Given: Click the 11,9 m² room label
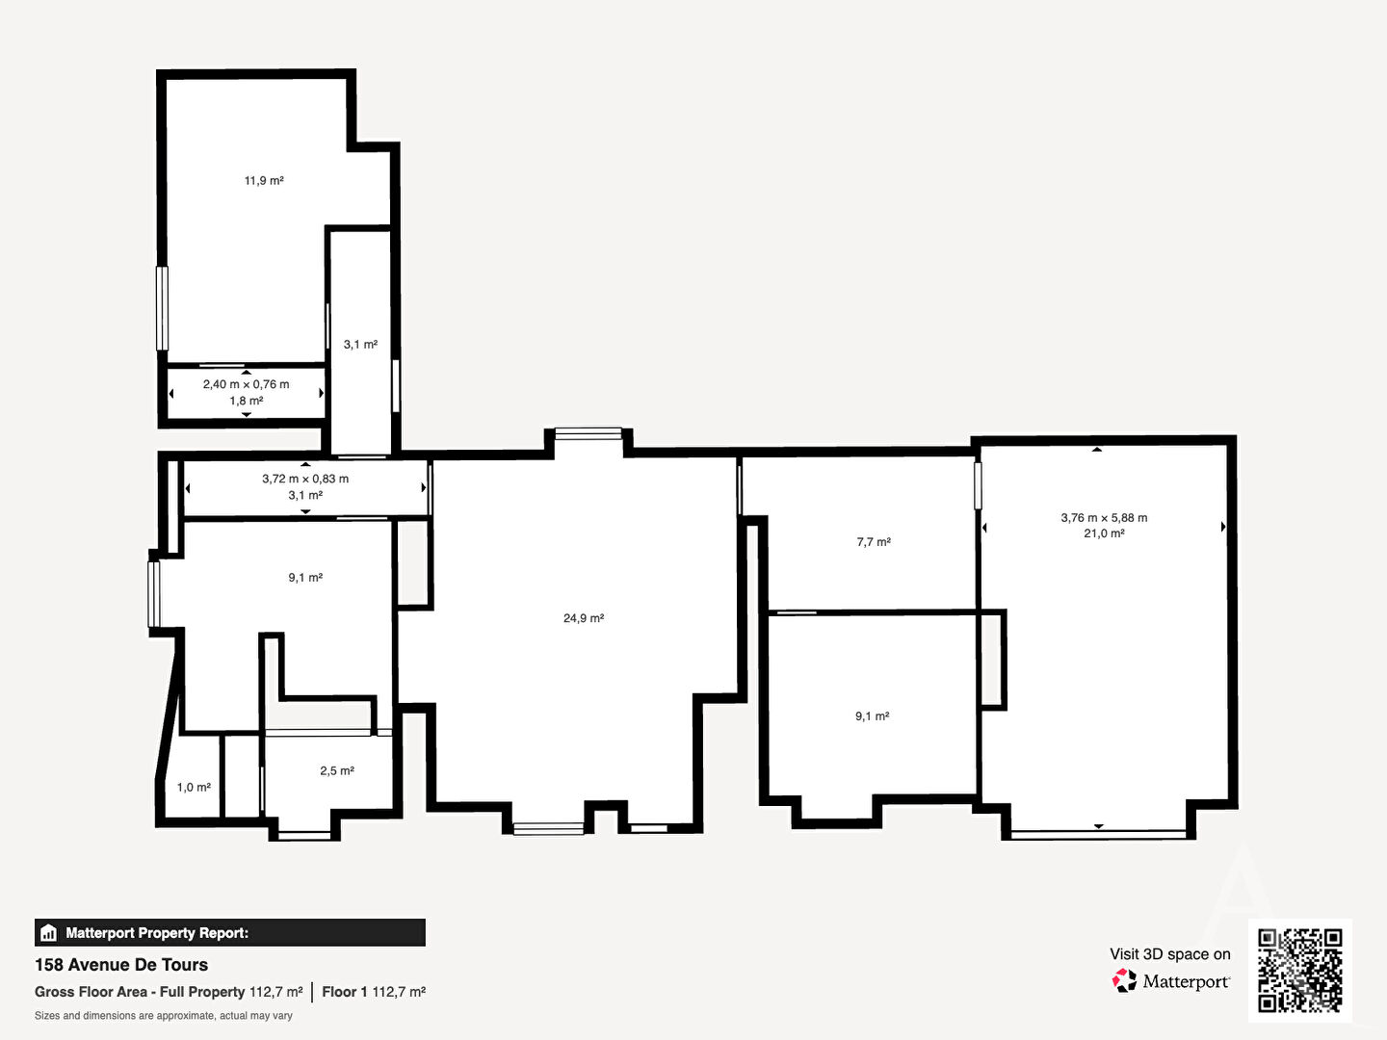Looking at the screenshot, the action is pos(264,181).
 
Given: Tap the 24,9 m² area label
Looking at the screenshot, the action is pos(584,618).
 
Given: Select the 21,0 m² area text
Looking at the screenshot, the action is pos(1104,533).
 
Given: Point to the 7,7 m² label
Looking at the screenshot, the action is pos(874,542).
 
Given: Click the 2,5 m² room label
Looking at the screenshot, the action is pos(337,771).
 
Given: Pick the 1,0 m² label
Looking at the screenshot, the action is pos(194,788).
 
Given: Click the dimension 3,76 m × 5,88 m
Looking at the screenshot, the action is pos(1104,518).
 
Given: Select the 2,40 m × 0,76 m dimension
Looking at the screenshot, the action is pos(246,384).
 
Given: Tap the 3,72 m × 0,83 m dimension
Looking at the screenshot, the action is pos(305,479).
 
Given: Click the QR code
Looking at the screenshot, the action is pos(1299,970).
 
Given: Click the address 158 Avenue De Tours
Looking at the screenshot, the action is pos(121,965).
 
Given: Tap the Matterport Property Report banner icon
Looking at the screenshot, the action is pos(49,933).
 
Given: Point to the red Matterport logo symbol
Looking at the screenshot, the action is pos(1124,980).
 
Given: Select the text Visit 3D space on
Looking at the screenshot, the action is pos(1169,954).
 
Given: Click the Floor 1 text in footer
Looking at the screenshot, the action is pos(345,992).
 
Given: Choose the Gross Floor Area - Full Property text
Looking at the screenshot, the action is pos(140,992).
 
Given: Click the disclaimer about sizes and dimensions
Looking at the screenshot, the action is pos(164,1016).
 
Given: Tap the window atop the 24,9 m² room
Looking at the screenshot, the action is pos(589,433).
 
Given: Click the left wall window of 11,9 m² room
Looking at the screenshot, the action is pos(163,308).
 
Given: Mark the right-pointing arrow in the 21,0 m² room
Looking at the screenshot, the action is pos(1223,526).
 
